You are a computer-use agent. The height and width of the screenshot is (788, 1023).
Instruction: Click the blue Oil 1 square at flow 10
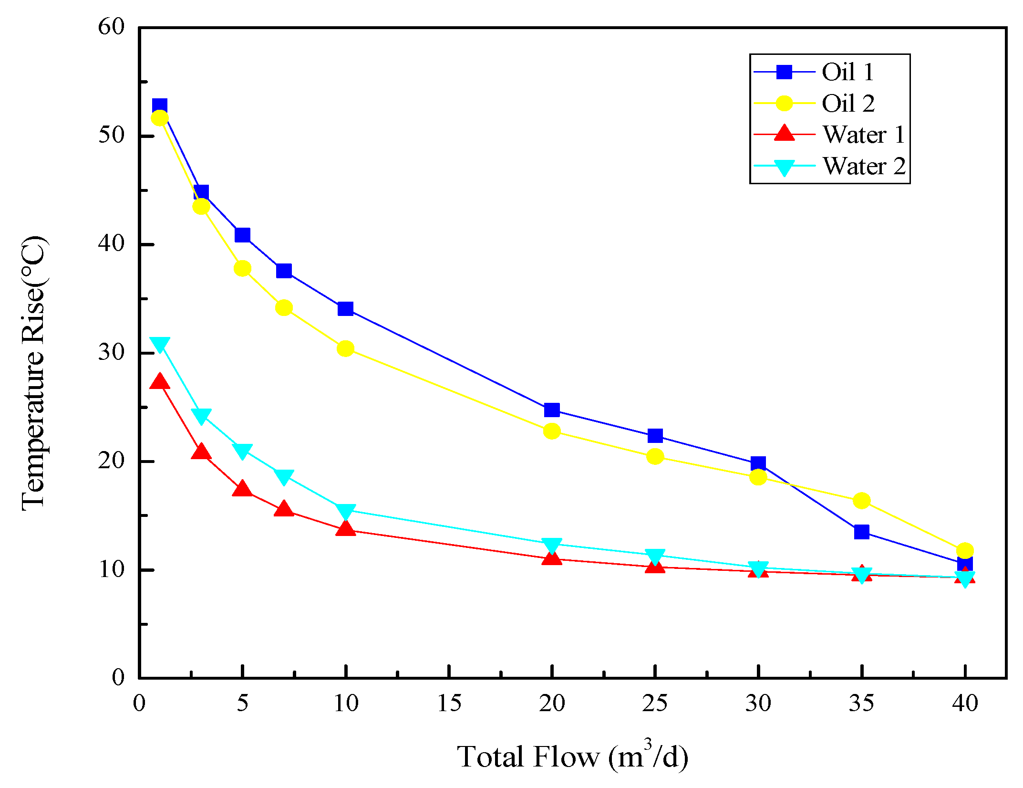[x=345, y=309]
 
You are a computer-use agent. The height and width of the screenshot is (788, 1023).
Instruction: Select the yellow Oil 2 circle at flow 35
[x=861, y=501]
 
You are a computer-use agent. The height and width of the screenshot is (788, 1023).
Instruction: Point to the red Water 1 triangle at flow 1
[x=159, y=382]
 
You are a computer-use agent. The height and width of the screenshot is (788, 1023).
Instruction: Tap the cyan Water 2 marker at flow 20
[x=552, y=545]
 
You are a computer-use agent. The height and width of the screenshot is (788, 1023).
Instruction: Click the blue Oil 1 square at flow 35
[x=861, y=532]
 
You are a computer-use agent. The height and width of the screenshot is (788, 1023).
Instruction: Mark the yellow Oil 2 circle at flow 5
[x=242, y=269]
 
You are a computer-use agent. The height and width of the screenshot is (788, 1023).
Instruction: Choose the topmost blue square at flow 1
[x=159, y=106]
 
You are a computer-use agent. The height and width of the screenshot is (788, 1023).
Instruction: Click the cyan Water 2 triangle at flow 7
[x=284, y=476]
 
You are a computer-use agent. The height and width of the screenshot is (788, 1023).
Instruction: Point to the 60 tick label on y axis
[x=111, y=27]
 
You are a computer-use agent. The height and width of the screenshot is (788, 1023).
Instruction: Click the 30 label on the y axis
[x=111, y=352]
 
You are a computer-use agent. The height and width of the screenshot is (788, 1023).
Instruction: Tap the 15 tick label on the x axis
[x=449, y=704]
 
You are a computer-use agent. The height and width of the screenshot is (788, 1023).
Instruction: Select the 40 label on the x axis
[x=964, y=704]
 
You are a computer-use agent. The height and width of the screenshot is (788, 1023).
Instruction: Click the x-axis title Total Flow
[x=572, y=757]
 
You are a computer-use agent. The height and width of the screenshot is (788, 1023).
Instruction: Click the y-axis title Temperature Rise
[x=33, y=372]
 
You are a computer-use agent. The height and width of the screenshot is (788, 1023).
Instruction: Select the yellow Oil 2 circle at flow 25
[x=655, y=457]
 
